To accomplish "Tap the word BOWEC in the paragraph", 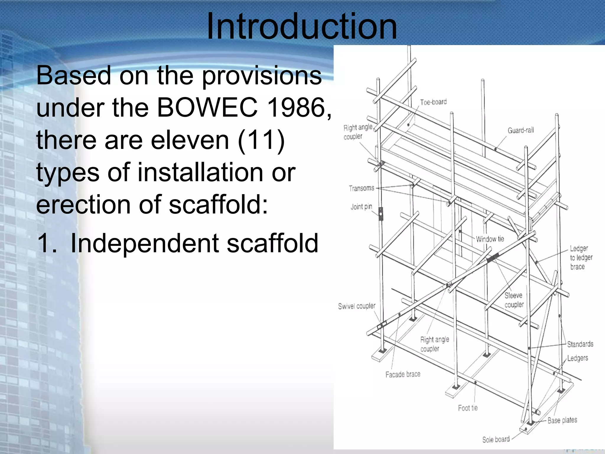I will (x=207, y=108).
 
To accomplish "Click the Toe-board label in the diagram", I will (x=433, y=102).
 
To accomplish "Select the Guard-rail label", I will (x=521, y=130).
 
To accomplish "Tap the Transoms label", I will (x=361, y=188).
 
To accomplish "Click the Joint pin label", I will (x=361, y=207).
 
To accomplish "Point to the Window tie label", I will (x=490, y=239).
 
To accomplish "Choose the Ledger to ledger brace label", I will (x=581, y=257).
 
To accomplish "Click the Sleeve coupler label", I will (x=514, y=300).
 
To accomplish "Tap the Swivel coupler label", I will (x=357, y=306).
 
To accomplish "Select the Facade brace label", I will (x=403, y=374).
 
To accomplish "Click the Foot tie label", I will (x=468, y=408).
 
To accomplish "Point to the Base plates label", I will (x=562, y=420).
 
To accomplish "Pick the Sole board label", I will (x=496, y=439).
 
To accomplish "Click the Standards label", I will (x=580, y=344).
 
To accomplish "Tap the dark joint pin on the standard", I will (x=381, y=214).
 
